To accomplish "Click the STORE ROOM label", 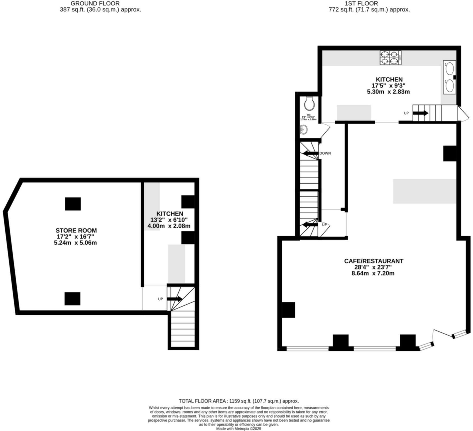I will pyautogui.click(x=76, y=230).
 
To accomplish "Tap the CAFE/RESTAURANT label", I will pyautogui.click(x=373, y=261).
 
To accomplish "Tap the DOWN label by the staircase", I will pyautogui.click(x=325, y=153).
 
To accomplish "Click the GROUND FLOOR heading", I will pyautogui.click(x=95, y=3).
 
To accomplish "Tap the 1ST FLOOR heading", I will pyautogui.click(x=369, y=3).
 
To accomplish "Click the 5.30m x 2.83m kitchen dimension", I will pyautogui.click(x=388, y=92).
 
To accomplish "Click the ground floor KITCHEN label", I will pyautogui.click(x=170, y=214).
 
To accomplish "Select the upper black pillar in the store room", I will pyautogui.click(x=73, y=204).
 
